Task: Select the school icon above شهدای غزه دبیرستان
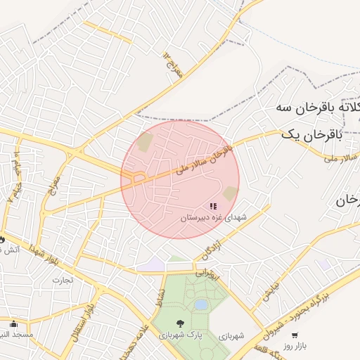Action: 213,206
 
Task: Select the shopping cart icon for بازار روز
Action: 294,335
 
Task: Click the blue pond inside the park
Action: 201,304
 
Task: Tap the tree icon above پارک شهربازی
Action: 181,324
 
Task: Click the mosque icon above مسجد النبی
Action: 13,324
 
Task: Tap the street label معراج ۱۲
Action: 173,64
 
